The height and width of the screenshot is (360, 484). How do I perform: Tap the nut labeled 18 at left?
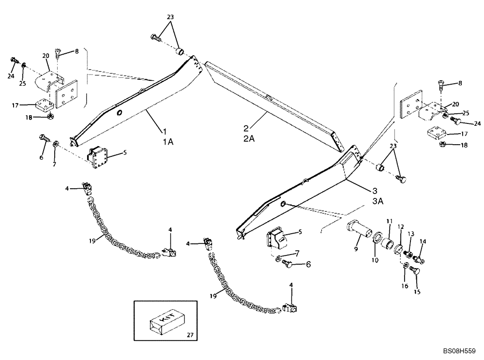click(x=50, y=116)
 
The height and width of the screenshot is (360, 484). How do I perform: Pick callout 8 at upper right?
click(x=459, y=83)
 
